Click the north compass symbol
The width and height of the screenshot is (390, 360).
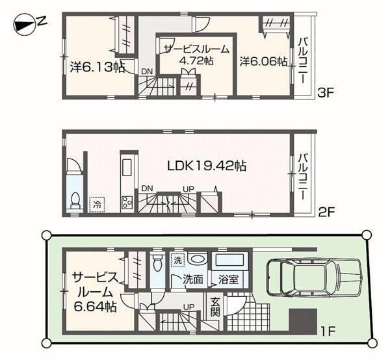[x=30, y=24]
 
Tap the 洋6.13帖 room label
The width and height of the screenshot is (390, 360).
[x=97, y=67]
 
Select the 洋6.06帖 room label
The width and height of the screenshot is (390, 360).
[x=264, y=62]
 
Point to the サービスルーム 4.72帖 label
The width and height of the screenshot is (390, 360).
[x=196, y=55]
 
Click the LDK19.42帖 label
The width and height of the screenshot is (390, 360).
[x=207, y=166]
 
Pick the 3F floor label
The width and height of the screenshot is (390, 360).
[x=326, y=93]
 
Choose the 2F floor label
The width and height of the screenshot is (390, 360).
[x=326, y=212]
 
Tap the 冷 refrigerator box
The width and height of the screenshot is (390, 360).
[x=97, y=205]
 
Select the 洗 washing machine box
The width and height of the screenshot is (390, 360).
[x=177, y=260]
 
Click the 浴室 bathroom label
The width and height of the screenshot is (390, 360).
[x=229, y=279]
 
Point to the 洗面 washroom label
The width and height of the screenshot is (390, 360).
[x=193, y=279]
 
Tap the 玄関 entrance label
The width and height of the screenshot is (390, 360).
[x=214, y=307]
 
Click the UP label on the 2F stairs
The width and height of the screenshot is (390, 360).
[x=188, y=189]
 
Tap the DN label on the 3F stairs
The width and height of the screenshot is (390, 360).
[x=147, y=71]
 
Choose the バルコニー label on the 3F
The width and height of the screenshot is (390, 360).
[x=303, y=60]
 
